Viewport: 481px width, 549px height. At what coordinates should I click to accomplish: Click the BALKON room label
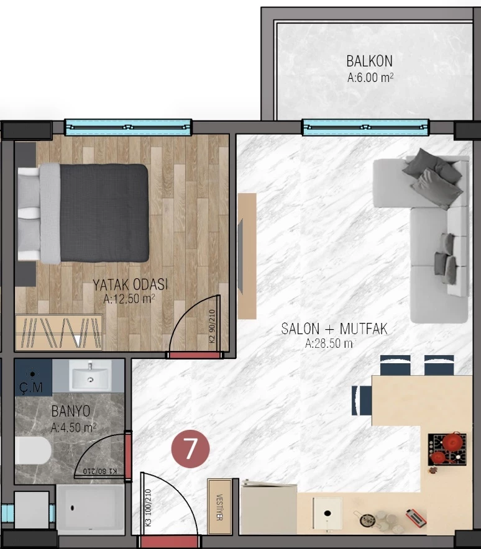click(x=369, y=61)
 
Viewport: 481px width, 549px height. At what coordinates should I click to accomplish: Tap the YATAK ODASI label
click(x=130, y=284)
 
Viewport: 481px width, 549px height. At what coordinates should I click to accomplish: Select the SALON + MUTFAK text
click(x=334, y=329)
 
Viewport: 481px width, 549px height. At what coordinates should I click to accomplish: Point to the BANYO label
click(x=70, y=411)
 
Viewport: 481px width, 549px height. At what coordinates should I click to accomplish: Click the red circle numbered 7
click(x=190, y=449)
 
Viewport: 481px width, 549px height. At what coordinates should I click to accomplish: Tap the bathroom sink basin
click(x=90, y=375)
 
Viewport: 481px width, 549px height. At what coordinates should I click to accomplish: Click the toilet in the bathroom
click(x=33, y=450)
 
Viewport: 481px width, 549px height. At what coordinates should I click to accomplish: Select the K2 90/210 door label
click(x=212, y=326)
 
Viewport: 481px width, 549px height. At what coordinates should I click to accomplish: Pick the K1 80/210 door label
click(x=100, y=471)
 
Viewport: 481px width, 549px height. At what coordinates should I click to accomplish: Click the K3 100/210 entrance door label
click(x=148, y=507)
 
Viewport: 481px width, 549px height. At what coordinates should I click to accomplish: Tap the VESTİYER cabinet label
click(x=219, y=507)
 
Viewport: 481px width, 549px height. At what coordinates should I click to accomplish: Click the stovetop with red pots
click(x=447, y=450)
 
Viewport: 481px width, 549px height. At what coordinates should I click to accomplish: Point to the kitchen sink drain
click(x=328, y=514)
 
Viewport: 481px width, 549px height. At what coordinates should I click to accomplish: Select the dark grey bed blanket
click(x=104, y=213)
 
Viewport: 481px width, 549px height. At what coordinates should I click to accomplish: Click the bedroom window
click(x=128, y=127)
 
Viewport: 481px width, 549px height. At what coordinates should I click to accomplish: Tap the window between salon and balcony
click(x=365, y=127)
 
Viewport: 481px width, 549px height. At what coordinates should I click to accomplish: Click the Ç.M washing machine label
click(x=31, y=388)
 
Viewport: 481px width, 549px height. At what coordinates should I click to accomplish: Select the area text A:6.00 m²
click(x=370, y=78)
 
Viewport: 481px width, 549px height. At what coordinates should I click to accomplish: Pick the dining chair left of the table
click(x=362, y=401)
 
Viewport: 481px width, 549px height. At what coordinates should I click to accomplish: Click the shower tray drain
click(x=73, y=507)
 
